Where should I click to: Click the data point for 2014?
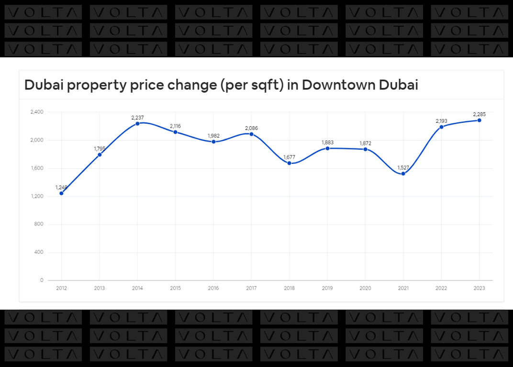click(x=137, y=123)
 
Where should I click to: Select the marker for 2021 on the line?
click(x=403, y=173)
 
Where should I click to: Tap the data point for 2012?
click(x=61, y=193)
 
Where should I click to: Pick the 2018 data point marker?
click(x=290, y=163)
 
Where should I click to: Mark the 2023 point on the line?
click(x=479, y=120)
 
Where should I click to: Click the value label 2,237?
click(x=137, y=117)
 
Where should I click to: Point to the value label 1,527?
click(x=403, y=167)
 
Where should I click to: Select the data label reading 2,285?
click(x=479, y=114)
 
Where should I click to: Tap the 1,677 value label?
click(x=290, y=157)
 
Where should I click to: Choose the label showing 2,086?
click(x=251, y=128)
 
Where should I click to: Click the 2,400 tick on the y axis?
click(x=36, y=112)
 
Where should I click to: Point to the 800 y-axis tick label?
click(x=39, y=224)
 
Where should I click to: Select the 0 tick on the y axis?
click(x=42, y=280)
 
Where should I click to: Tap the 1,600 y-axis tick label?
click(x=36, y=168)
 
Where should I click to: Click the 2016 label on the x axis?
click(x=213, y=288)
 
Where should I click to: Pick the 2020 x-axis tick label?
click(x=365, y=288)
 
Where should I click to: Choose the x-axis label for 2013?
click(x=100, y=288)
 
